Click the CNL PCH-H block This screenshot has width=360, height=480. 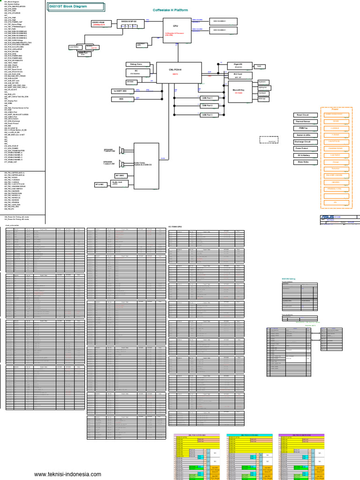pyautogui.click(x=179, y=71)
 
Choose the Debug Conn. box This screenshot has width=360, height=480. pyautogui.click(x=136, y=64)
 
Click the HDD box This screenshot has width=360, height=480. pyautogui.click(x=121, y=99)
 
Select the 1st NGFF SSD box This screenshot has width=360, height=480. pyautogui.click(x=120, y=90)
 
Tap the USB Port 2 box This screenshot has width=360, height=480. pyautogui.click(x=207, y=106)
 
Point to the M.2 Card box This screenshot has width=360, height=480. pyautogui.click(x=238, y=75)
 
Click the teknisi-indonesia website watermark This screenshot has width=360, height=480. pyautogui.click(x=67, y=474)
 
